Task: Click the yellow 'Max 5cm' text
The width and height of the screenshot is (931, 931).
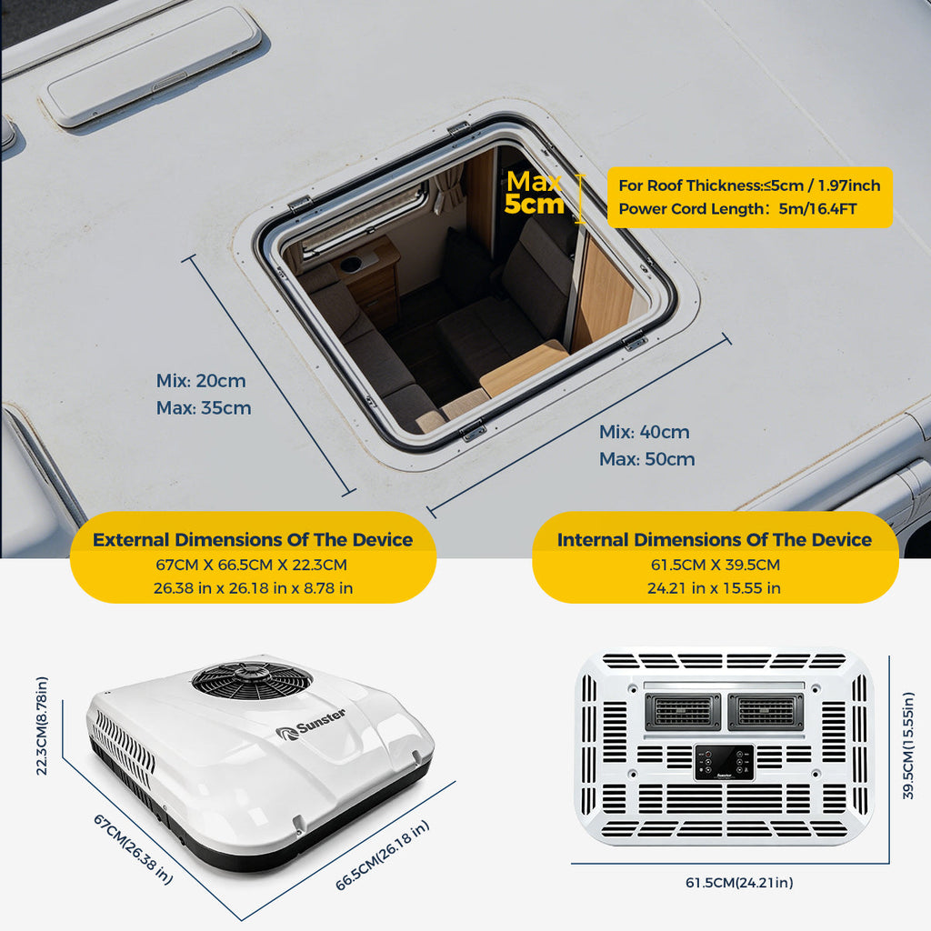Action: click(x=535, y=193)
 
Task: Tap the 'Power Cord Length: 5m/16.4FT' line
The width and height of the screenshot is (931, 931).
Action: click(x=737, y=209)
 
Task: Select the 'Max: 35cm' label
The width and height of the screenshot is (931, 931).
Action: click(x=204, y=408)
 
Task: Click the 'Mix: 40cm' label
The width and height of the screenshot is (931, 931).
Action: click(x=645, y=432)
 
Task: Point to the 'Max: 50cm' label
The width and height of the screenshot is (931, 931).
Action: click(x=646, y=459)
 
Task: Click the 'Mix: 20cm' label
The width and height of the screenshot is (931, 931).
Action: click(x=201, y=381)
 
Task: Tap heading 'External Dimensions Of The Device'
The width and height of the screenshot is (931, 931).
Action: click(x=253, y=540)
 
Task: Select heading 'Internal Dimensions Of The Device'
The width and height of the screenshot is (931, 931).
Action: click(x=715, y=540)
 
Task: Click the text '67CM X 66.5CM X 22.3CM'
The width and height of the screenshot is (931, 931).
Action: click(x=251, y=565)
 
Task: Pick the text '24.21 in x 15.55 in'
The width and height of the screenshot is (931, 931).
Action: click(x=714, y=588)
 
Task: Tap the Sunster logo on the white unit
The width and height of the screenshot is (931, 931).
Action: click(x=311, y=725)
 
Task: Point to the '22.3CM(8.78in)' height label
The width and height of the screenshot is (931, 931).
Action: click(x=42, y=726)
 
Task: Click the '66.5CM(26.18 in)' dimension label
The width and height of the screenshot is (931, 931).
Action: click(x=382, y=855)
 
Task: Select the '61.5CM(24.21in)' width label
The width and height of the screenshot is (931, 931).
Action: click(x=739, y=883)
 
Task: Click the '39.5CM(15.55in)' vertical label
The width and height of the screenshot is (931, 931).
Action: click(x=908, y=746)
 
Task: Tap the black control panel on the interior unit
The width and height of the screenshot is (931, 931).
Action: click(x=725, y=762)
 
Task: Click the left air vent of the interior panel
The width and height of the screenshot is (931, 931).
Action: click(x=683, y=711)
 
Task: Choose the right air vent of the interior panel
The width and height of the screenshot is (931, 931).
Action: click(x=766, y=711)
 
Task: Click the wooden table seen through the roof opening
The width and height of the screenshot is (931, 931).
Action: click(x=523, y=367)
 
